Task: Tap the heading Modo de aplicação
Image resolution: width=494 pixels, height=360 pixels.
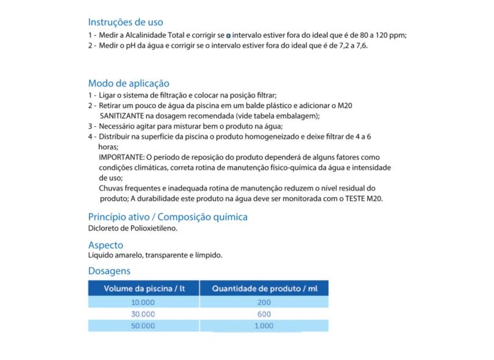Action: pyautogui.click(x=129, y=83)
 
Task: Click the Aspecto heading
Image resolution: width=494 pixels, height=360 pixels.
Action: pyautogui.click(x=110, y=245)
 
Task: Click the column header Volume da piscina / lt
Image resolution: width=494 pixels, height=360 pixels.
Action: pyautogui.click(x=144, y=289)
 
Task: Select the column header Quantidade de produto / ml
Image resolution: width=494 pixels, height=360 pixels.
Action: pyautogui.click(x=264, y=289)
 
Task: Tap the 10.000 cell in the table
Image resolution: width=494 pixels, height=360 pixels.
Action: pyautogui.click(x=144, y=302)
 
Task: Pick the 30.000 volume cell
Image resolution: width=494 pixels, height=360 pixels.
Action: pyautogui.click(x=144, y=314)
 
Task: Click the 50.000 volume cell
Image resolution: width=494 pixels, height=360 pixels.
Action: pyautogui.click(x=144, y=326)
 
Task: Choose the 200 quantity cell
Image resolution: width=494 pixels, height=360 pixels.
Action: pyautogui.click(x=264, y=302)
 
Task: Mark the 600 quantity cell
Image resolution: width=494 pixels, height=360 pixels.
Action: pyautogui.click(x=264, y=314)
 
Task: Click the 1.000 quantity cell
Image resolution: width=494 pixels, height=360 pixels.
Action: pyautogui.click(x=264, y=326)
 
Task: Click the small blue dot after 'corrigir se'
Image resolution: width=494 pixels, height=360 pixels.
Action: pyautogui.click(x=228, y=36)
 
